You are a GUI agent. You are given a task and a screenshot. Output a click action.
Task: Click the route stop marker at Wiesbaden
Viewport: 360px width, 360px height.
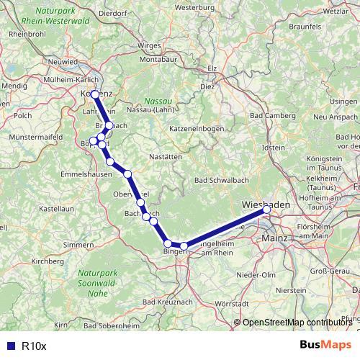[266, 210]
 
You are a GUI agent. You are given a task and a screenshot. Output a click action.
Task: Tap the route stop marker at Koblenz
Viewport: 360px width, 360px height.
[95, 94]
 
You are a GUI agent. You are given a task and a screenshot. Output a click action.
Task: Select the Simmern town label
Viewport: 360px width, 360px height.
[78, 245]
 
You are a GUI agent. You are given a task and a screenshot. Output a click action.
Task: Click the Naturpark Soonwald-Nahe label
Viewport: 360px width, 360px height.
[101, 284]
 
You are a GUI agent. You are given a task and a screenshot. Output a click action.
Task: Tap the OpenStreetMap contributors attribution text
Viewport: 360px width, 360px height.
[297, 323]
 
